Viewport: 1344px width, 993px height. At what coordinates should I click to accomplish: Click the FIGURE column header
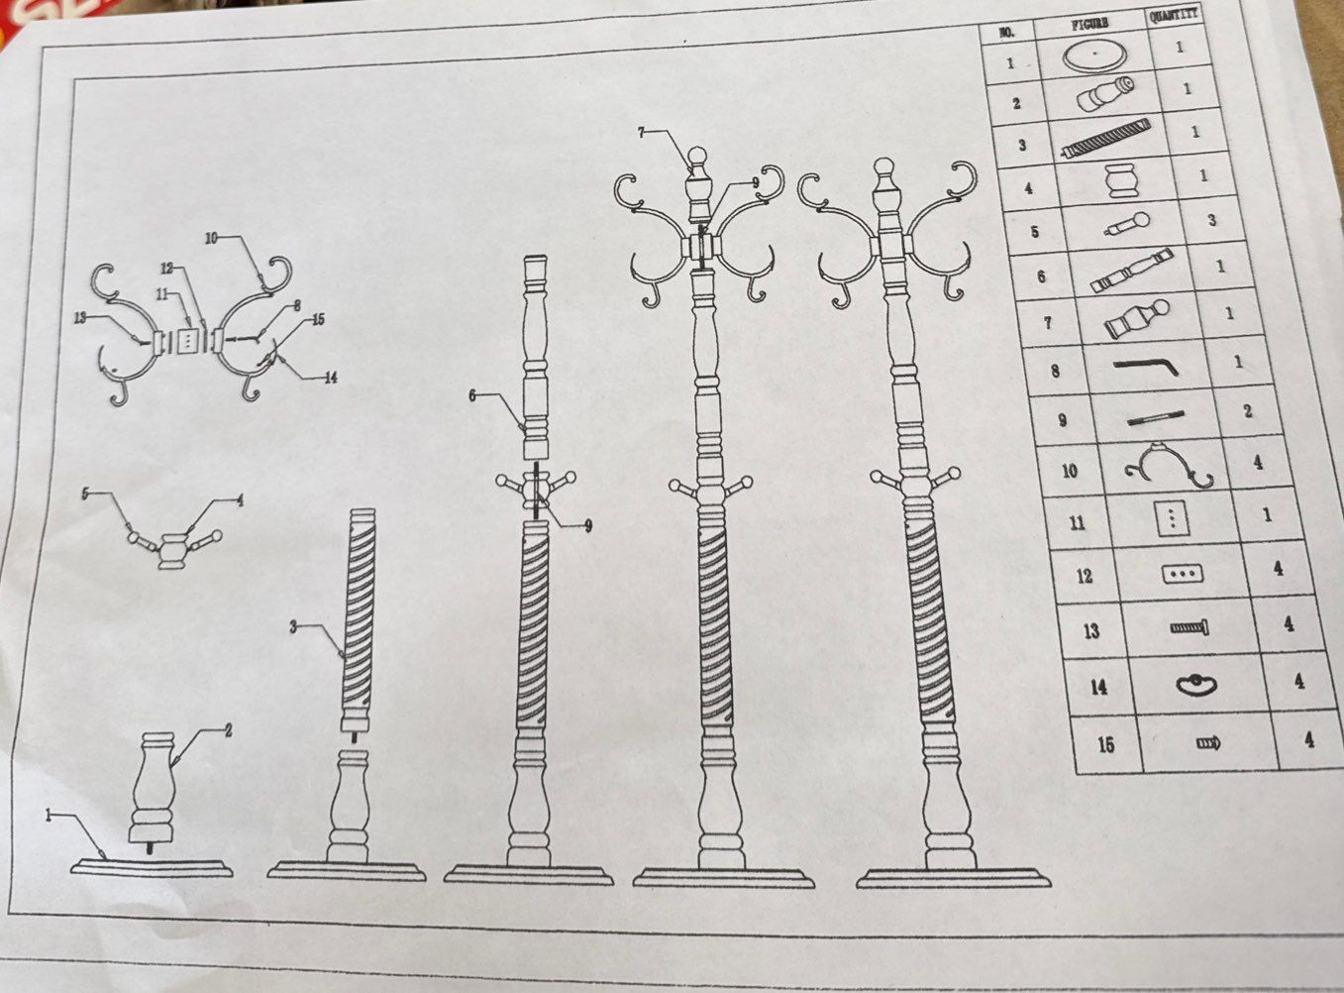(x=1091, y=23)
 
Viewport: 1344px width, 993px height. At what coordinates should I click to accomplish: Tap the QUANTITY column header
(x=1174, y=16)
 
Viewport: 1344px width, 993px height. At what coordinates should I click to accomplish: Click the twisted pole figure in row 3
(x=1105, y=138)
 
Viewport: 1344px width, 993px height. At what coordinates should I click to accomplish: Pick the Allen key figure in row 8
(x=1146, y=367)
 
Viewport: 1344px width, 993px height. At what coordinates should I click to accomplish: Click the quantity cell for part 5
(x=1211, y=221)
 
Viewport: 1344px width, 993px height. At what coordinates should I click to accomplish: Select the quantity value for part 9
(x=1248, y=412)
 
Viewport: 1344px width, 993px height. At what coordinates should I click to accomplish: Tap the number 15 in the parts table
(x=1106, y=744)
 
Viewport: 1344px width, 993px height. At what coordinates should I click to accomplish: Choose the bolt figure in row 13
(x=1189, y=627)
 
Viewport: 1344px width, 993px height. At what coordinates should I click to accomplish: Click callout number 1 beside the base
(x=48, y=816)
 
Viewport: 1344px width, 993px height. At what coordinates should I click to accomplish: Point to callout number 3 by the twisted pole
(x=293, y=626)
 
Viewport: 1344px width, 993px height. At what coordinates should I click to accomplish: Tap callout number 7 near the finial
(x=641, y=132)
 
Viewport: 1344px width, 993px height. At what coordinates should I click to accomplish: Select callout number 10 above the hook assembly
(x=211, y=238)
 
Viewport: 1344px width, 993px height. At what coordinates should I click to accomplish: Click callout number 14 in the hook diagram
(x=330, y=378)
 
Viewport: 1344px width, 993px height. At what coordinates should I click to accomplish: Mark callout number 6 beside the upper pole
(x=471, y=395)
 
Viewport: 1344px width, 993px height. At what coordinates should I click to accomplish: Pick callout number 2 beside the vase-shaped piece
(x=229, y=731)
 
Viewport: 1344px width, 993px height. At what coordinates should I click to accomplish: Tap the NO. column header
(x=1006, y=32)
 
